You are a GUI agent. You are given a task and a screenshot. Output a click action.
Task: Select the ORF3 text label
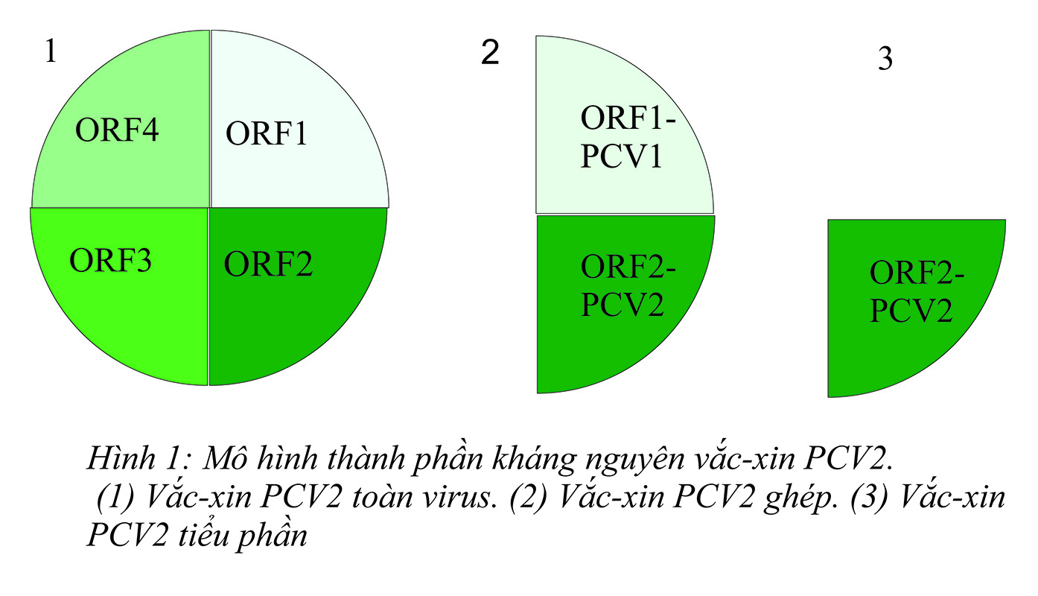(x=111, y=261)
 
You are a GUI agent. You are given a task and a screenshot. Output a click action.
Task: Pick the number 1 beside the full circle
(x=51, y=53)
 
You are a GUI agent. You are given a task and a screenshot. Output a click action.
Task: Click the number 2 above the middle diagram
(x=490, y=53)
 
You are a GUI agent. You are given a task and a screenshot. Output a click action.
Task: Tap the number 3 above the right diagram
(x=885, y=59)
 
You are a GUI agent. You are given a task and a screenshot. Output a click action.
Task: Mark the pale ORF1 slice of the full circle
(x=298, y=89)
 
